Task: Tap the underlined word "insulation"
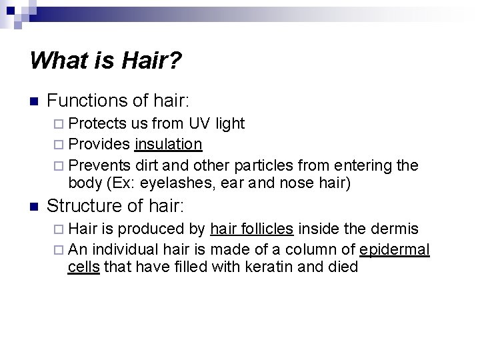tap(168, 144)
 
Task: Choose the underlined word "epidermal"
tap(395, 250)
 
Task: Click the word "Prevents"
tap(99, 165)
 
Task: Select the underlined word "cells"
tap(83, 268)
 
